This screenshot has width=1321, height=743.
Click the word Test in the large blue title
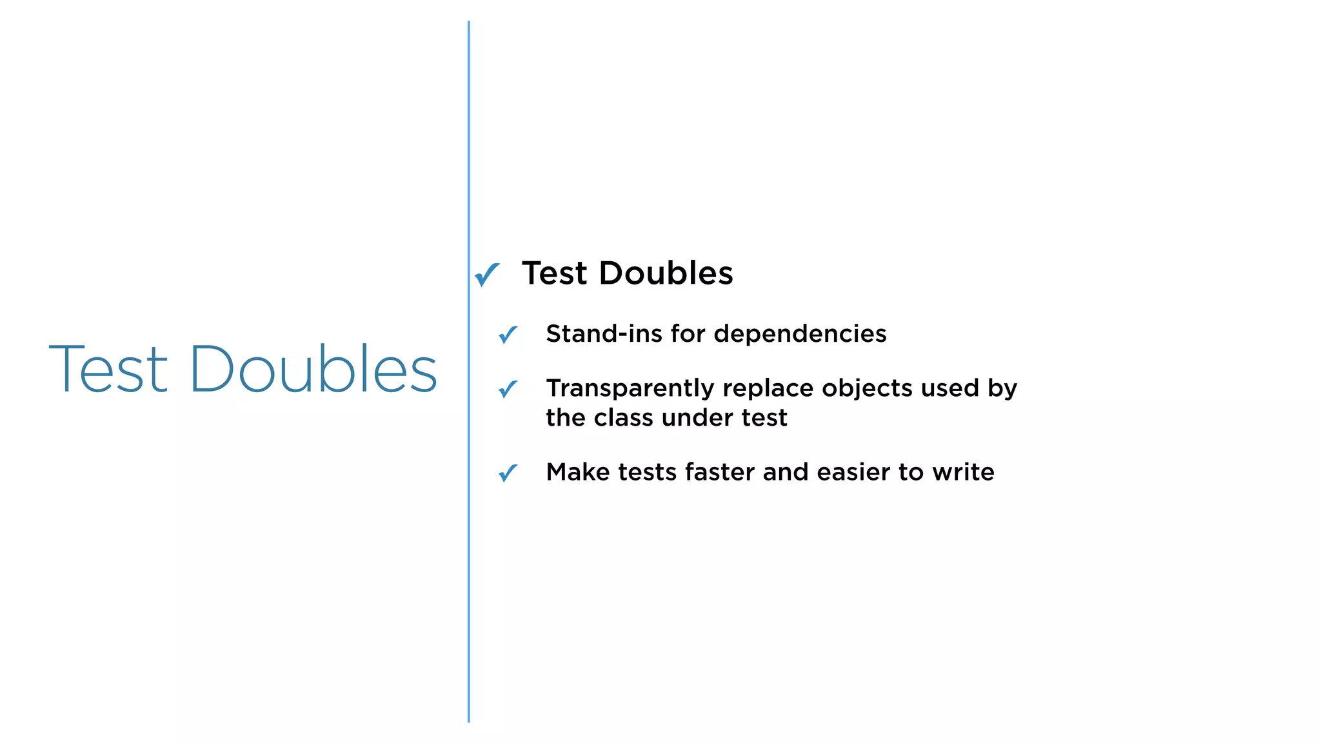pos(108,369)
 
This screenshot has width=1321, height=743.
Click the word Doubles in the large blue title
pos(313,369)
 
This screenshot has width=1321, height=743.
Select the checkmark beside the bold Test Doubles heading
pos(487,274)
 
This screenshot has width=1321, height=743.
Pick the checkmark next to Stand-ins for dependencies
pos(508,334)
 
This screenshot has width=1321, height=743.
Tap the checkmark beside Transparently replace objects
pos(508,389)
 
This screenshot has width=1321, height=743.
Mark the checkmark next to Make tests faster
pos(508,473)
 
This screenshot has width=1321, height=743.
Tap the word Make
pos(578,472)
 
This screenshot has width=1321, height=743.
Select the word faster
pos(720,472)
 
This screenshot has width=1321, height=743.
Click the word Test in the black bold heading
pos(555,273)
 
